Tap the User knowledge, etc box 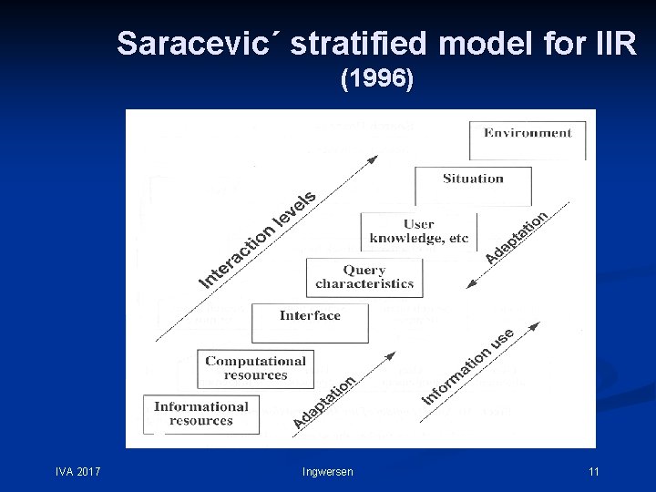point(418,231)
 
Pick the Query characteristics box point(364,277)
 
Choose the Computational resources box point(255,368)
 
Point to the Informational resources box point(201,414)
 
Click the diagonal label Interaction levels point(258,239)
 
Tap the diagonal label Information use point(468,366)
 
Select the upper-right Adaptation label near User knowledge point(516,238)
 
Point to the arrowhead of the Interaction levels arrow point(373,159)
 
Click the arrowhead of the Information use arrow point(538,323)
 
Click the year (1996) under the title point(376,80)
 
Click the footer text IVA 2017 point(77,471)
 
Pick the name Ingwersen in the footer point(328,471)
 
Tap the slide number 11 point(593,471)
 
